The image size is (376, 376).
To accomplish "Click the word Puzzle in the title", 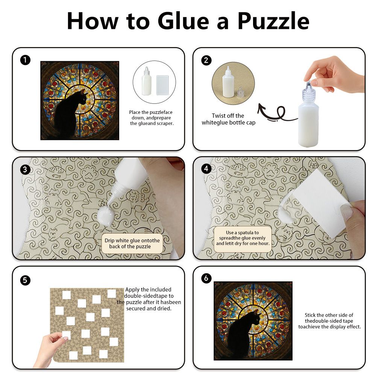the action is [x=273, y=21].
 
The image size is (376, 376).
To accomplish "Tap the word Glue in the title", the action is [x=183, y=21].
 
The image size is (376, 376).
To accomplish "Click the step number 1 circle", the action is [x=25, y=60].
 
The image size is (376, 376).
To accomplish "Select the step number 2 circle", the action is [x=206, y=60].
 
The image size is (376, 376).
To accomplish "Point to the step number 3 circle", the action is [x=25, y=170].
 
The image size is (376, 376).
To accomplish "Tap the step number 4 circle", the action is [x=206, y=168].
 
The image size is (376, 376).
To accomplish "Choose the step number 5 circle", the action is [x=25, y=280].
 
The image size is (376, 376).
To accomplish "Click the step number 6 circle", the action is [x=206, y=278].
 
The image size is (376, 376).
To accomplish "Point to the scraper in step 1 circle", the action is [x=162, y=85].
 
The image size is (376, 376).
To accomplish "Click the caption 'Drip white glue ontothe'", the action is [x=132, y=241].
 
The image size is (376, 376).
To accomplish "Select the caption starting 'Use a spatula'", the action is [x=243, y=238].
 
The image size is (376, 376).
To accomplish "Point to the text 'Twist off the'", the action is [x=228, y=115].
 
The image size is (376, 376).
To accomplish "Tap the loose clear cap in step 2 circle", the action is [x=240, y=92].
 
